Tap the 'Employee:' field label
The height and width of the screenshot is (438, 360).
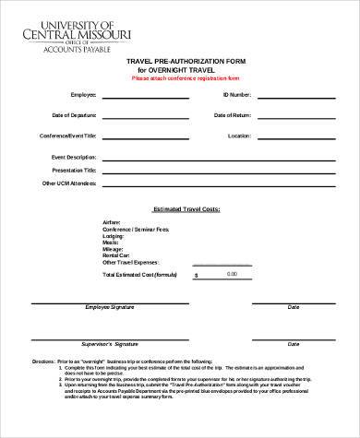(x=83, y=95)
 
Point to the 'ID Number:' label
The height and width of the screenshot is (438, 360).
(x=236, y=95)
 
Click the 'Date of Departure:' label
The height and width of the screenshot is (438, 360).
(x=75, y=115)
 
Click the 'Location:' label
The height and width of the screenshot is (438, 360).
(x=239, y=136)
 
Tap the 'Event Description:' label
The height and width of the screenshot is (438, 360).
(x=74, y=158)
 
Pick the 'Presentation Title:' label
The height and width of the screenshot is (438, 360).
(x=74, y=170)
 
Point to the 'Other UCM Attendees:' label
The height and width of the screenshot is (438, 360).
(x=70, y=183)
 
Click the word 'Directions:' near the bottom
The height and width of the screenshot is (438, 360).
(x=43, y=361)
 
